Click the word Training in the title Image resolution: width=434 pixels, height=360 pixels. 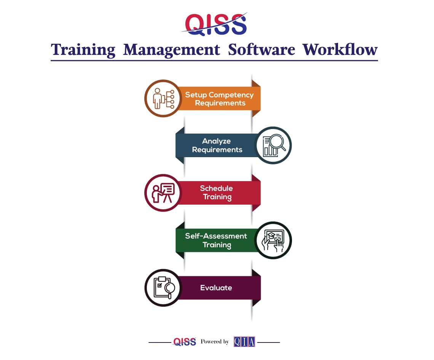point(83,50)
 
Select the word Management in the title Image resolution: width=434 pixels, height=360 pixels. point(172,50)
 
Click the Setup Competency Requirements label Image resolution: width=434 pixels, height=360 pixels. point(220,99)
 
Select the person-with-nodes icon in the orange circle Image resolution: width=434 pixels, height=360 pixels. point(164,99)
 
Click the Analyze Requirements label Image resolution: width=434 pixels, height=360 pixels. point(217,145)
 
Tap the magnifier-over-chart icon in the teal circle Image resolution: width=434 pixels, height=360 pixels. point(274,145)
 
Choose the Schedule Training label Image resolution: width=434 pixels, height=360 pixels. point(217,193)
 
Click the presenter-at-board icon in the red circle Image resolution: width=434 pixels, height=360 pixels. point(163,193)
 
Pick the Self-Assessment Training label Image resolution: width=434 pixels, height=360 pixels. point(216,241)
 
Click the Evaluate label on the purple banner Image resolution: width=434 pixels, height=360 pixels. point(216,288)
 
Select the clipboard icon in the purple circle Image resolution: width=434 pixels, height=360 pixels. point(164,288)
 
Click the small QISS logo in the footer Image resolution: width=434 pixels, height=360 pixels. point(185,342)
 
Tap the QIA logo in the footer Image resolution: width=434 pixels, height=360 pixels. point(244,342)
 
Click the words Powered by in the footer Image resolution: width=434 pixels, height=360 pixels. point(215,342)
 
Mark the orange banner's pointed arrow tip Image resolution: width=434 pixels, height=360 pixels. point(260,99)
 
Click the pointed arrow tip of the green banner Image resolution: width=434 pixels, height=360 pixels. point(176,240)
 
